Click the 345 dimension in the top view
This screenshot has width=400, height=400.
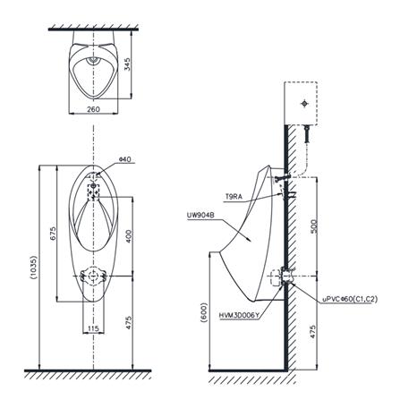127,64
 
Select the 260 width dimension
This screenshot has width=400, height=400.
93,109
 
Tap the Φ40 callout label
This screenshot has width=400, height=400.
125,159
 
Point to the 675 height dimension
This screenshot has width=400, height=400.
53,234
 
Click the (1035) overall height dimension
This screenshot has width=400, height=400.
33,267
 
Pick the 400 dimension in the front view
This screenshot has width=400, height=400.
129,236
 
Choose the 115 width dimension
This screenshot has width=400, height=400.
93,328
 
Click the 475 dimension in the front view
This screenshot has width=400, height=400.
129,323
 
